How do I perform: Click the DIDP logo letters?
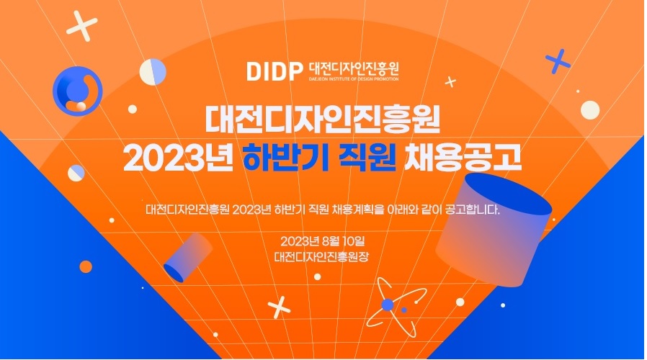275,71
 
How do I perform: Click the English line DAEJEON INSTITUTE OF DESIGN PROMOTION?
354,78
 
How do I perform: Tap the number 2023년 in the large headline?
178,157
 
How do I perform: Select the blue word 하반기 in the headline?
285,157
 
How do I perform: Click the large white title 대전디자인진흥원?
322,120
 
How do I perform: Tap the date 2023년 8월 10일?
322,240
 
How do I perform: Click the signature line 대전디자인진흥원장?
321,257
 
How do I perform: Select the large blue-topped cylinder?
494,229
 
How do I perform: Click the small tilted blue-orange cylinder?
188,257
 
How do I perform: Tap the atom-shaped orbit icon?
396,307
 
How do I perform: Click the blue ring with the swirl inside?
78,91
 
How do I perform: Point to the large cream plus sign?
82,26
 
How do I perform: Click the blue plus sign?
558,61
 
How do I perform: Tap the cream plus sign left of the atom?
279,307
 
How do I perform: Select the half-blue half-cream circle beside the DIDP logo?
153,72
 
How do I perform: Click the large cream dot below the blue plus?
590,110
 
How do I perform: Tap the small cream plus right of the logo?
450,81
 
